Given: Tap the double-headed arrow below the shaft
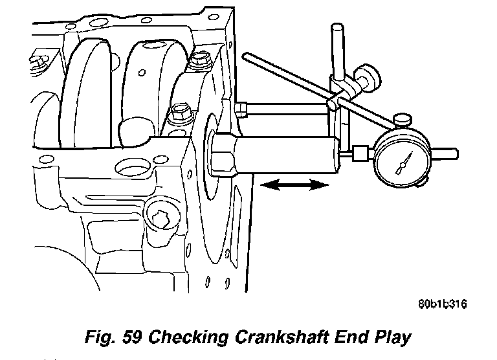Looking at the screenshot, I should click(292, 186).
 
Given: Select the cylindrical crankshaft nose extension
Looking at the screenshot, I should click(288, 155).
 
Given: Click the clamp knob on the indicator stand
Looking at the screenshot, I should click(370, 77).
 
